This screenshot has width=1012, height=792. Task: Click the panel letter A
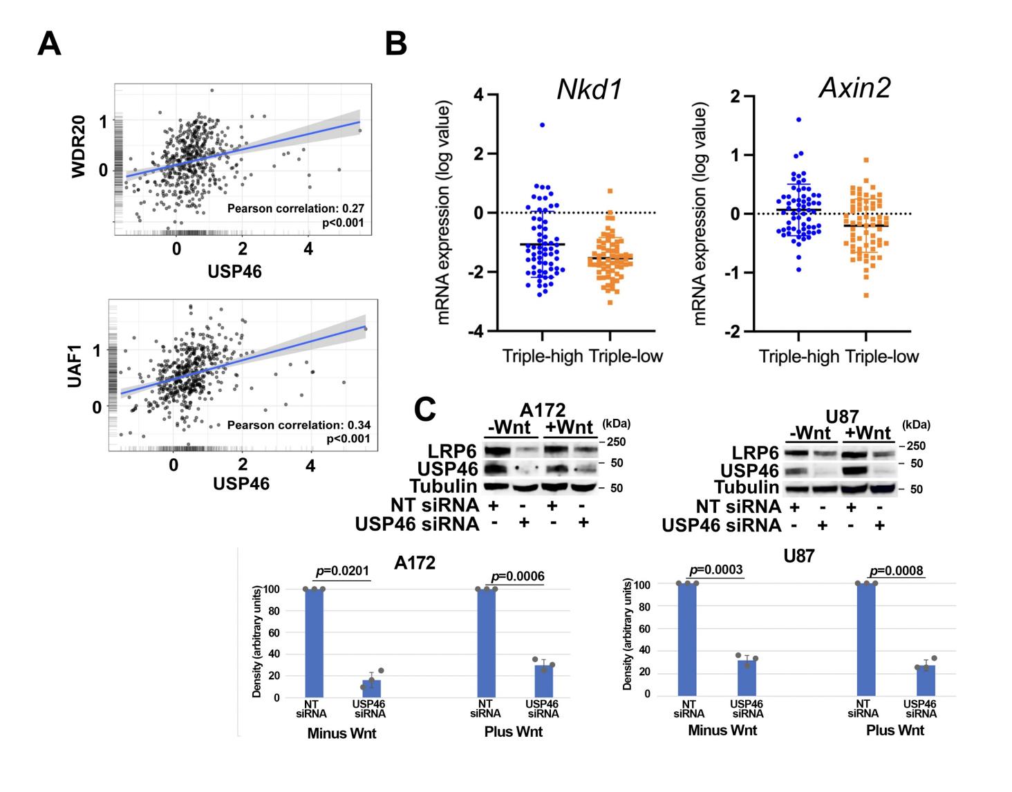[49, 44]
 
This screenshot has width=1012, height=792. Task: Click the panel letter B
[395, 44]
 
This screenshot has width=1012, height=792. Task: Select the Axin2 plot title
[854, 88]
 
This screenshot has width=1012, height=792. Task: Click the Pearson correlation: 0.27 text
[296, 208]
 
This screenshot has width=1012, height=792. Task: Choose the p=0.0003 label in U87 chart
[715, 569]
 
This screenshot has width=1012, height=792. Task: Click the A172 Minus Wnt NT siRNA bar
[315, 643]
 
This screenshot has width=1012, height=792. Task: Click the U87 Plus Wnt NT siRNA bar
[866, 639]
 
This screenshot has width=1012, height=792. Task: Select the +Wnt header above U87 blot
[869, 433]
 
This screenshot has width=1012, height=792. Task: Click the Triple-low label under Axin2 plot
[882, 357]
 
